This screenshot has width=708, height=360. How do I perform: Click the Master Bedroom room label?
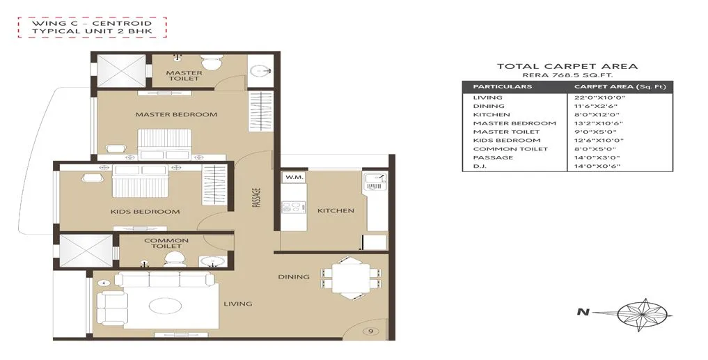(176, 114)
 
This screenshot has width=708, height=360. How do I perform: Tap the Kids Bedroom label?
(145, 212)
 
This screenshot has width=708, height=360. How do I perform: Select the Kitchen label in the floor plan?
(336, 210)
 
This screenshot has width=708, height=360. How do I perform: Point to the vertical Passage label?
(256, 198)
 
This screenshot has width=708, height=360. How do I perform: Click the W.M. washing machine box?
(291, 178)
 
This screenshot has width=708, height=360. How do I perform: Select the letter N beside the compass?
(580, 312)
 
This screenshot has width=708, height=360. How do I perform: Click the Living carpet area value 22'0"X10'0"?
(595, 97)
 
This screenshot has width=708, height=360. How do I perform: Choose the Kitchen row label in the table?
(491, 115)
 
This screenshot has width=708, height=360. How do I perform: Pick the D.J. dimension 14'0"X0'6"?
(595, 166)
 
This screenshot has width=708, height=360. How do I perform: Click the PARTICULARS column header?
(502, 86)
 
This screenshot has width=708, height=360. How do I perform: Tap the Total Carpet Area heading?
(567, 66)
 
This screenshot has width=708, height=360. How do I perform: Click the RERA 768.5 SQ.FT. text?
(567, 75)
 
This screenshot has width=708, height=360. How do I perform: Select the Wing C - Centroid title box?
(93, 28)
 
